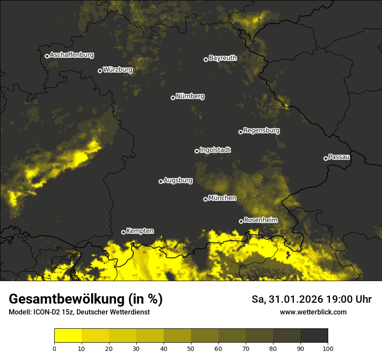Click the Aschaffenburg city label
(72, 55)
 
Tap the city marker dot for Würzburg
(100, 71)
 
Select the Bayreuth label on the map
(223, 58)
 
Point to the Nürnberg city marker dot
(173, 98)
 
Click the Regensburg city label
(261, 131)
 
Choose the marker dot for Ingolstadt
(197, 151)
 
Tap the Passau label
(339, 157)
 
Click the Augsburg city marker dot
(161, 181)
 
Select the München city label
(222, 198)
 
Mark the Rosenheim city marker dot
(241, 221)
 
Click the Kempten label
(140, 231)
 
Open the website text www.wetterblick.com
(313, 312)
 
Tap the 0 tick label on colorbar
(54, 348)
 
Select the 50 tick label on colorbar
(191, 348)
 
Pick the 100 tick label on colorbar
(328, 348)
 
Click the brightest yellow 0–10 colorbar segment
(68, 336)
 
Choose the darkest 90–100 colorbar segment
(314, 336)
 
